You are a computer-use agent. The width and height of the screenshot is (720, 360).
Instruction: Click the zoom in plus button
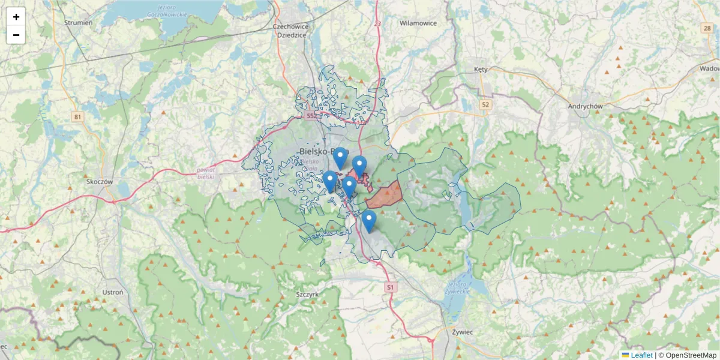pyautogui.click(x=16, y=17)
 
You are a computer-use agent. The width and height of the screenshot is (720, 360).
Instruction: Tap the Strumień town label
pyautogui.click(x=78, y=23)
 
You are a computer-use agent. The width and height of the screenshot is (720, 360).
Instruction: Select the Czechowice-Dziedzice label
pyautogui.click(x=290, y=31)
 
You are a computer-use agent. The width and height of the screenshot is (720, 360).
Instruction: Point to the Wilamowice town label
pyautogui.click(x=418, y=23)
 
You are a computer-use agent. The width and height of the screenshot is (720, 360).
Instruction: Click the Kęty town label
pyautogui.click(x=481, y=69)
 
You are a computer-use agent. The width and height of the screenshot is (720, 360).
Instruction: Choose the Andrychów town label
pyautogui.click(x=585, y=106)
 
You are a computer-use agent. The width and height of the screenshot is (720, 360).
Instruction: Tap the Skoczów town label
pyautogui.click(x=100, y=181)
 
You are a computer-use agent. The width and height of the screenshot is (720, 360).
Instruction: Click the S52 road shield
pyautogui.click(x=311, y=115)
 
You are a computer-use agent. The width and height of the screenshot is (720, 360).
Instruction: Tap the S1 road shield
pyautogui.click(x=391, y=287)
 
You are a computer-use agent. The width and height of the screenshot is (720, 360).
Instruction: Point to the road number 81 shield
pyautogui.click(x=77, y=116)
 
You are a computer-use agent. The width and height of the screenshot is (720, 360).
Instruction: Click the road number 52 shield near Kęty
pyautogui.click(x=485, y=104)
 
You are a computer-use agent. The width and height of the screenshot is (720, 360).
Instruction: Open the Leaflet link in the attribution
pyautogui.click(x=641, y=355)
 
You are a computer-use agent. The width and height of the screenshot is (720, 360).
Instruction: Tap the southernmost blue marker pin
pyautogui.click(x=369, y=221)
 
